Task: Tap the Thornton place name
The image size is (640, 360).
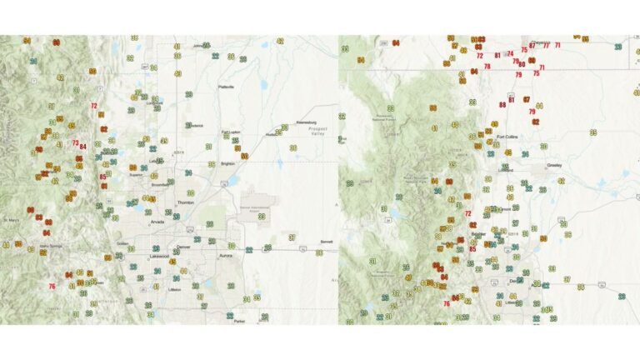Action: click(x=185, y=202)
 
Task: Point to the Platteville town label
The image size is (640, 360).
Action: click(x=225, y=87)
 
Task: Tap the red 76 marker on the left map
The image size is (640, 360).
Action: click(x=52, y=287)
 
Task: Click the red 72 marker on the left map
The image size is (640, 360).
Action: click(x=93, y=106)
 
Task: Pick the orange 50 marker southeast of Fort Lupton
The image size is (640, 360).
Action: click(x=244, y=156)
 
